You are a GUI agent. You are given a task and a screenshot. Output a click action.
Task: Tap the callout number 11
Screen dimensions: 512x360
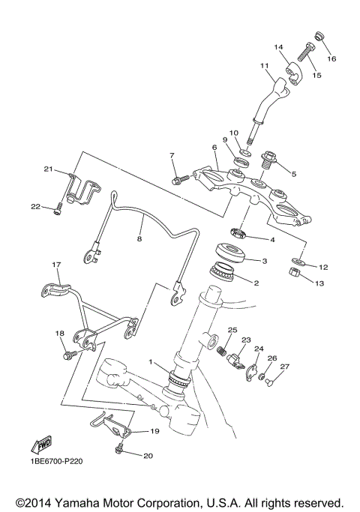264,66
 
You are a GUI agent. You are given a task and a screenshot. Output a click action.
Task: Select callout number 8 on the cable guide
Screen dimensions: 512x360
139,239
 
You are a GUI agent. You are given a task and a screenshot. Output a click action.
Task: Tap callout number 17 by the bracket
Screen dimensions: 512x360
55,265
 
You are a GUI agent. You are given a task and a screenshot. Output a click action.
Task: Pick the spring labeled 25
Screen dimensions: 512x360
222,349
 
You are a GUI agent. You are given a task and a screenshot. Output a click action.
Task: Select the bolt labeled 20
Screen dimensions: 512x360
119,450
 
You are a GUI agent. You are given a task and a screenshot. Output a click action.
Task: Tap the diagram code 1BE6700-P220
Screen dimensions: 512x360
57,462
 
